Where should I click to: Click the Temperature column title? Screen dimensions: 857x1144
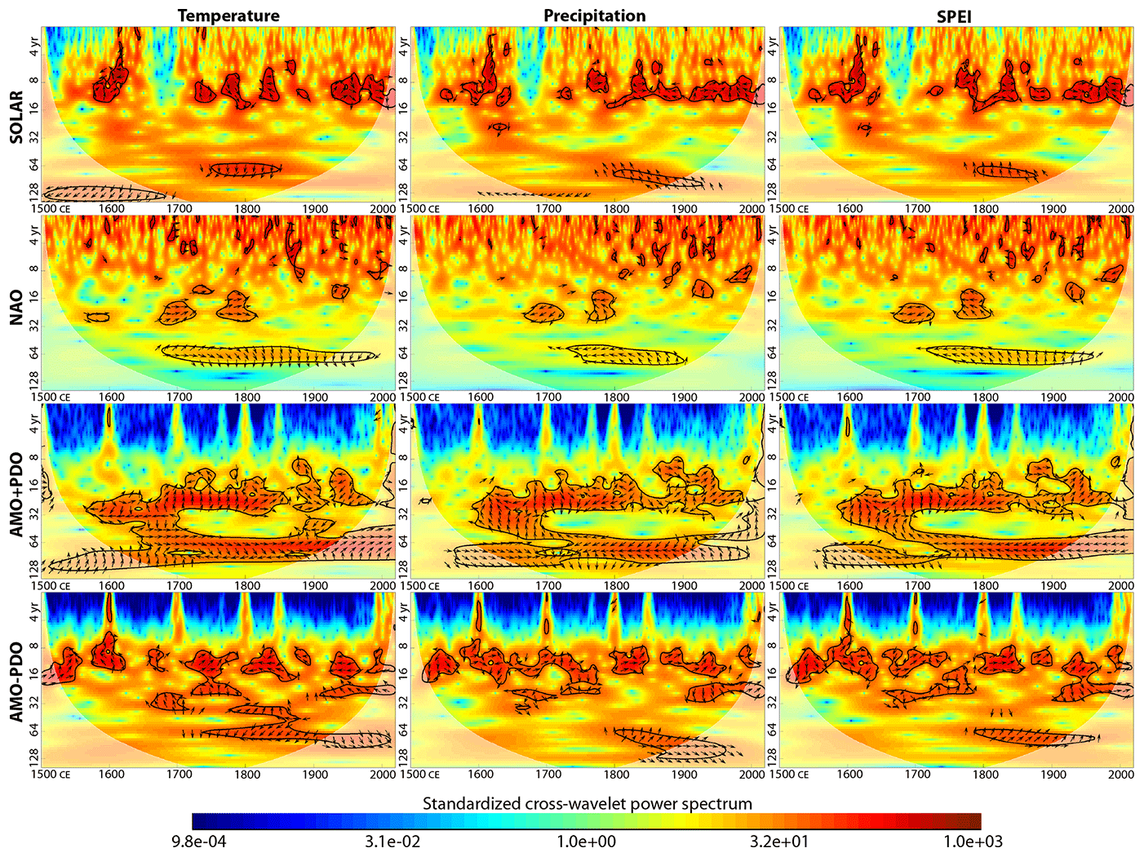pos(228,16)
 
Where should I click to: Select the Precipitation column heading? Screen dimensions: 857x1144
pos(595,16)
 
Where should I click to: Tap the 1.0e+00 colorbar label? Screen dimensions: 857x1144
pos(587,841)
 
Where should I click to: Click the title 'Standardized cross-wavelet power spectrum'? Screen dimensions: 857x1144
pos(587,803)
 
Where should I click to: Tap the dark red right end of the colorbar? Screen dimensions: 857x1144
pos(974,821)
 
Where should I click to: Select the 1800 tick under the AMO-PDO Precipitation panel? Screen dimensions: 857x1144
pos(616,774)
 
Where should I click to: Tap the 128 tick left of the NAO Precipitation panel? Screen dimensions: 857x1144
pos(402,379)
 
